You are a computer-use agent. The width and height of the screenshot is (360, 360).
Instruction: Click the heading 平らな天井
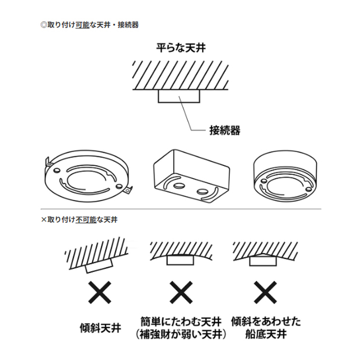181,48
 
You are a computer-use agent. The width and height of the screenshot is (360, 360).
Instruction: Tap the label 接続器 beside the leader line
225,130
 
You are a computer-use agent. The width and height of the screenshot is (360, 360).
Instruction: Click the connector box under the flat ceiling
179,96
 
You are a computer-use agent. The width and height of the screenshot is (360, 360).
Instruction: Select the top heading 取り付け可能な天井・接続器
90,25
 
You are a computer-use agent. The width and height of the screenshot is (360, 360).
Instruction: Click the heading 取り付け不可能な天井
79,220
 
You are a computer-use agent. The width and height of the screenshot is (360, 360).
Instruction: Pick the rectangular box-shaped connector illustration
192,176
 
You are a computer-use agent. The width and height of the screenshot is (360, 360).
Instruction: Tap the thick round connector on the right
285,176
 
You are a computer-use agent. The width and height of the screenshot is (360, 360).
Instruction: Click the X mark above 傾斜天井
99,292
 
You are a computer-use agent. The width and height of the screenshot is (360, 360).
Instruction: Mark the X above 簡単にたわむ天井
181,292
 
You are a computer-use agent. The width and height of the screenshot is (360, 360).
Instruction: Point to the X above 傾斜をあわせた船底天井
265,292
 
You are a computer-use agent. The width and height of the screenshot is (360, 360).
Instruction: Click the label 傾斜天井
100,328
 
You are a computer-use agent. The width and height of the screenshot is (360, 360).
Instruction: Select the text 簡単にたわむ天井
181,321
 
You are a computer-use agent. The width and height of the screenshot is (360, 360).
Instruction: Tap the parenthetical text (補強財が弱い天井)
181,334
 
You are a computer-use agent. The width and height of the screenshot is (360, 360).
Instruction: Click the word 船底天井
266,334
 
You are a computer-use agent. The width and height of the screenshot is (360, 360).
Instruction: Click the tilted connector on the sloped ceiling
99,265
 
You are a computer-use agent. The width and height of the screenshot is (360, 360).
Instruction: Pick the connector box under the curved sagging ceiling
180,260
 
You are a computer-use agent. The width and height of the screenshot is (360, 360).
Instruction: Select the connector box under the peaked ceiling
263,261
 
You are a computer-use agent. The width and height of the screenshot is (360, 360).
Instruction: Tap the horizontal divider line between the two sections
181,209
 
